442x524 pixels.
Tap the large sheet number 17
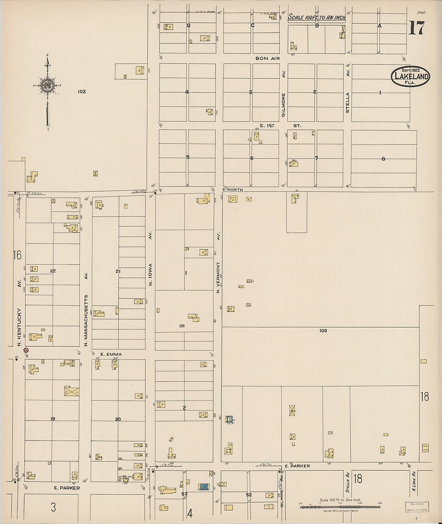click(x=416, y=28)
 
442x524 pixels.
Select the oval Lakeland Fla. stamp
click(x=410, y=76)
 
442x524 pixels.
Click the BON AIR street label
click(x=267, y=59)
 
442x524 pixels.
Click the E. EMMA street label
click(x=111, y=355)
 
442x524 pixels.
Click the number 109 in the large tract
click(x=323, y=331)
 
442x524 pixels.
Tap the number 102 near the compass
click(x=82, y=92)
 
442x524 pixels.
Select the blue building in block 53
click(x=204, y=487)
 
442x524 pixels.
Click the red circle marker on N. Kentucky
click(x=26, y=350)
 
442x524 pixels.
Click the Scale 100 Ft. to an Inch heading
click(x=317, y=18)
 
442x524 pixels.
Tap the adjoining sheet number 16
click(x=17, y=255)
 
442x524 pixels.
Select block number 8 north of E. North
click(x=383, y=159)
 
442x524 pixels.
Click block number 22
click(x=53, y=271)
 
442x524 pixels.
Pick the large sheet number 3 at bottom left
click(x=53, y=507)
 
